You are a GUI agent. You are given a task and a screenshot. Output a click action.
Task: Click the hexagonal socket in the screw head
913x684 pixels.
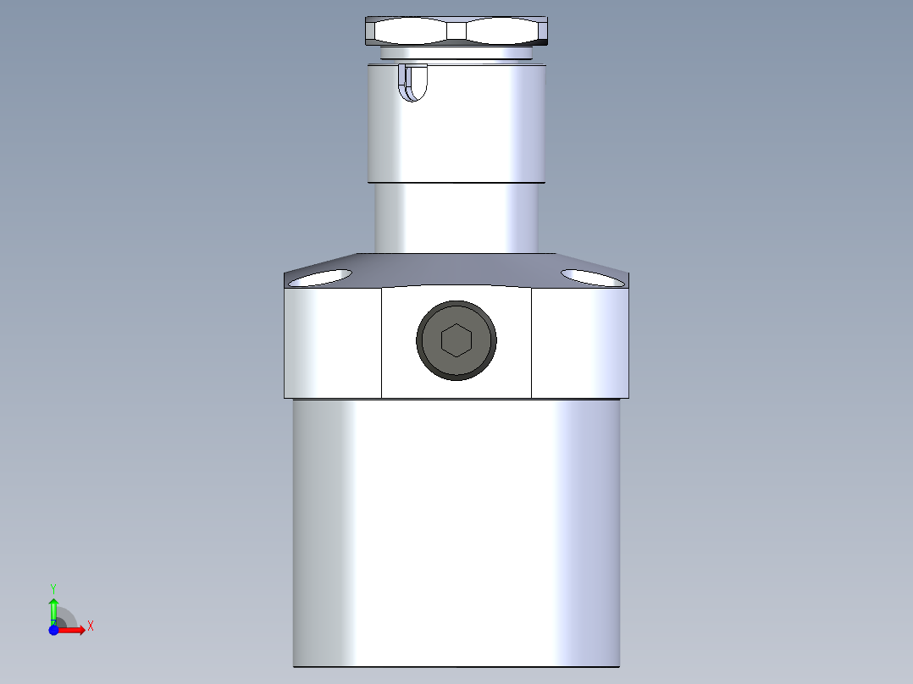coord(456,340)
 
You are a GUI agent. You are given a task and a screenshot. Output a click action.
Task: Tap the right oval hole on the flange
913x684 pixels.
coord(592,277)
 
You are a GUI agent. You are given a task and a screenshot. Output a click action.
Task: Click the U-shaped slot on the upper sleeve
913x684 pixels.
coord(412,83)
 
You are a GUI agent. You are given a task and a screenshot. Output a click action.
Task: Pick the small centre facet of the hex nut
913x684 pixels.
coord(456,31)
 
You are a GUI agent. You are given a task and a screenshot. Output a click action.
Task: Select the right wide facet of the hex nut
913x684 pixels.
coord(501,32)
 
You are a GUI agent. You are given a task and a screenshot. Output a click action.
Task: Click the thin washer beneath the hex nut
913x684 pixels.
coord(456,53)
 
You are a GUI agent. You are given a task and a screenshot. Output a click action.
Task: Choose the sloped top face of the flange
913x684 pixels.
coord(456,269)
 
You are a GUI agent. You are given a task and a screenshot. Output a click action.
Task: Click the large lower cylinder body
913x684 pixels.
coord(456,533)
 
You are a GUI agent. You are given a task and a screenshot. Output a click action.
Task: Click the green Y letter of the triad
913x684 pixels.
coord(53,587)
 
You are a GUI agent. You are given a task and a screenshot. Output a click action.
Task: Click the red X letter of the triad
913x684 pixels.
coord(91,626)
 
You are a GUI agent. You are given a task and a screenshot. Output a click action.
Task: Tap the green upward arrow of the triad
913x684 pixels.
coord(53,608)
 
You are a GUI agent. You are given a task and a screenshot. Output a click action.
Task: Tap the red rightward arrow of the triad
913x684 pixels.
coord(75,630)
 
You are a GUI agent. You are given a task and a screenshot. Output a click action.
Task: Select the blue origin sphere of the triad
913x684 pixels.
coord(54,630)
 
